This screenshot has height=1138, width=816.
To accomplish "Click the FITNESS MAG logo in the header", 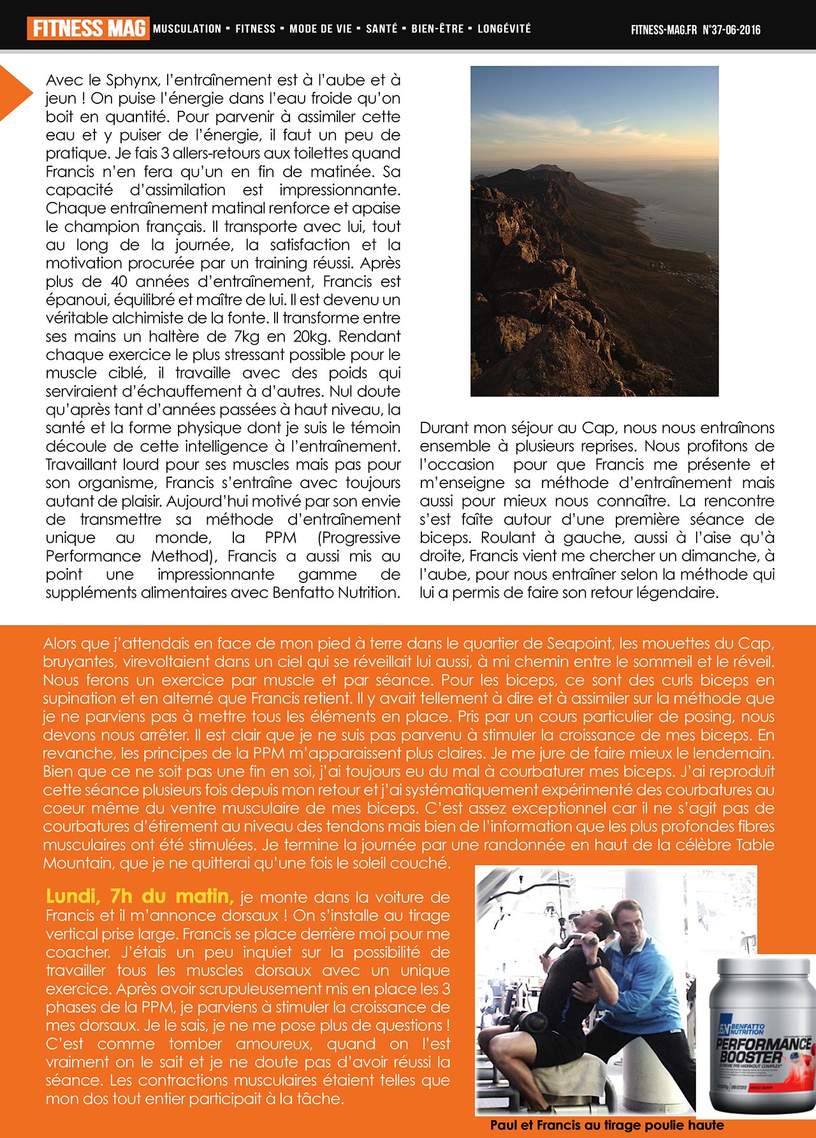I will [x=88, y=29].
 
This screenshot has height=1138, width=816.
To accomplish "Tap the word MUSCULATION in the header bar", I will [x=187, y=29].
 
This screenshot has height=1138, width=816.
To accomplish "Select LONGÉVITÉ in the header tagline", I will [x=504, y=29].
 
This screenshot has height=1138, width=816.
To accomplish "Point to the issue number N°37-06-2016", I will [x=731, y=30].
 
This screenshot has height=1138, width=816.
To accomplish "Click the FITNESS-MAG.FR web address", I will [x=664, y=30].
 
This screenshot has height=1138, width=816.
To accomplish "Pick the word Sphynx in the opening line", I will [x=132, y=80].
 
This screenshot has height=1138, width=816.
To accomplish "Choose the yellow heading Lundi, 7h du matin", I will [x=140, y=897].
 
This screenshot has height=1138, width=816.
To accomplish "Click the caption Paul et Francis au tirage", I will [x=606, y=1125].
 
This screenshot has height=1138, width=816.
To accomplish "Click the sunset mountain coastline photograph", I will [x=594, y=231].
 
